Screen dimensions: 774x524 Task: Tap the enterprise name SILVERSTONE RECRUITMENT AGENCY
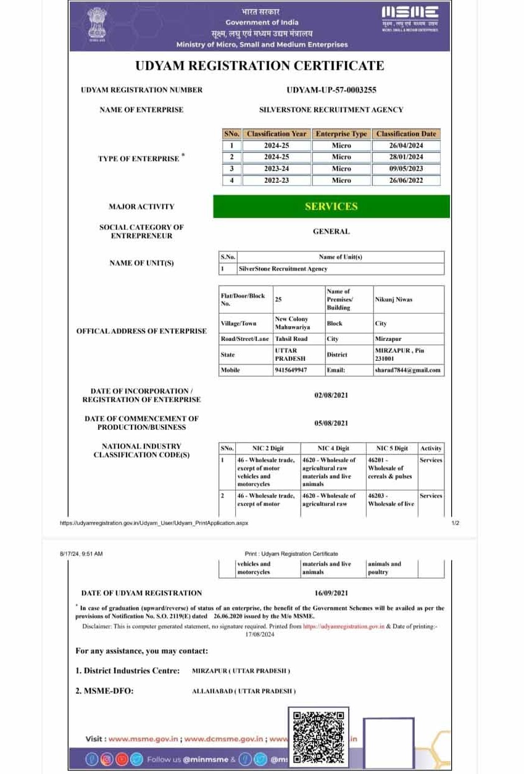click(331, 110)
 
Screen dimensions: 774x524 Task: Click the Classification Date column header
click(405, 133)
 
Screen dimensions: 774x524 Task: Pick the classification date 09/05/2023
click(405, 169)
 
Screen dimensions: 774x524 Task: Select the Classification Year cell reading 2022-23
click(277, 180)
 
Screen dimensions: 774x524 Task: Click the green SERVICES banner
click(331, 207)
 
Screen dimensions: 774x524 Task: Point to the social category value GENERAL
click(331, 232)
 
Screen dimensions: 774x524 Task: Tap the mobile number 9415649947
click(291, 370)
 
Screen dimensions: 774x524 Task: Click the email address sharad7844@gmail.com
click(408, 370)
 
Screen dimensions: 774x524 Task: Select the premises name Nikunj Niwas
click(394, 300)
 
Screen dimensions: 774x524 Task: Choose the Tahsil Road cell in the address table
click(291, 339)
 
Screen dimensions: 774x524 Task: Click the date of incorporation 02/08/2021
click(331, 395)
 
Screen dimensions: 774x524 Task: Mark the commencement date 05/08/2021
click(331, 423)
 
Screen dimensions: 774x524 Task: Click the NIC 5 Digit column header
click(391, 448)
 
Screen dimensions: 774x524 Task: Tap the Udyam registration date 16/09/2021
click(331, 593)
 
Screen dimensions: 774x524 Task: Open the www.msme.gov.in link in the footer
click(144, 739)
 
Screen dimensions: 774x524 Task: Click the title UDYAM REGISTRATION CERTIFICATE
click(260, 66)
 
